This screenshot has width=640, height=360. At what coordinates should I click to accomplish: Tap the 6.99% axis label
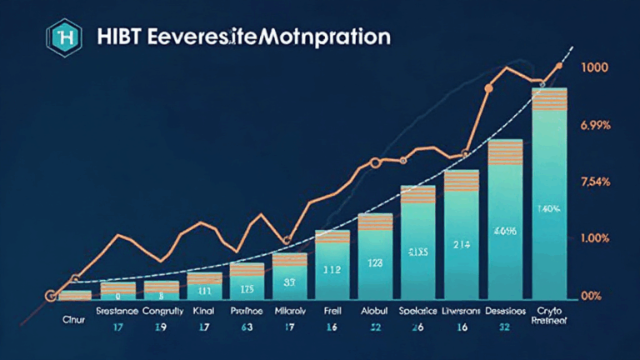pyautogui.click(x=596, y=124)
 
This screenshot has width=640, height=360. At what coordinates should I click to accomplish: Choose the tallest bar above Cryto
pyautogui.click(x=549, y=192)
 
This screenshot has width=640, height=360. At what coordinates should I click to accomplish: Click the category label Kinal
pyautogui.click(x=202, y=310)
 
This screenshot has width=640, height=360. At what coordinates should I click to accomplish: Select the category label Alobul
pyautogui.click(x=375, y=310)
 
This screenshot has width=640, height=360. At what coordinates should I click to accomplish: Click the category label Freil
pyautogui.click(x=332, y=310)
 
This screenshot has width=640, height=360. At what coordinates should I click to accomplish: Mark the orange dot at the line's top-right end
pyautogui.click(x=558, y=65)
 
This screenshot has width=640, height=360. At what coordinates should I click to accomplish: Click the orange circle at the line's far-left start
pyautogui.click(x=50, y=295)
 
